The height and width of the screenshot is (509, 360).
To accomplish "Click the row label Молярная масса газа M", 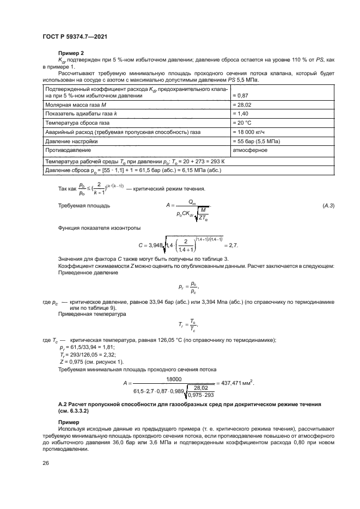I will point(74,104).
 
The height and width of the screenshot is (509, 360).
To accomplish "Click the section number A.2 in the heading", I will point(63,404).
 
